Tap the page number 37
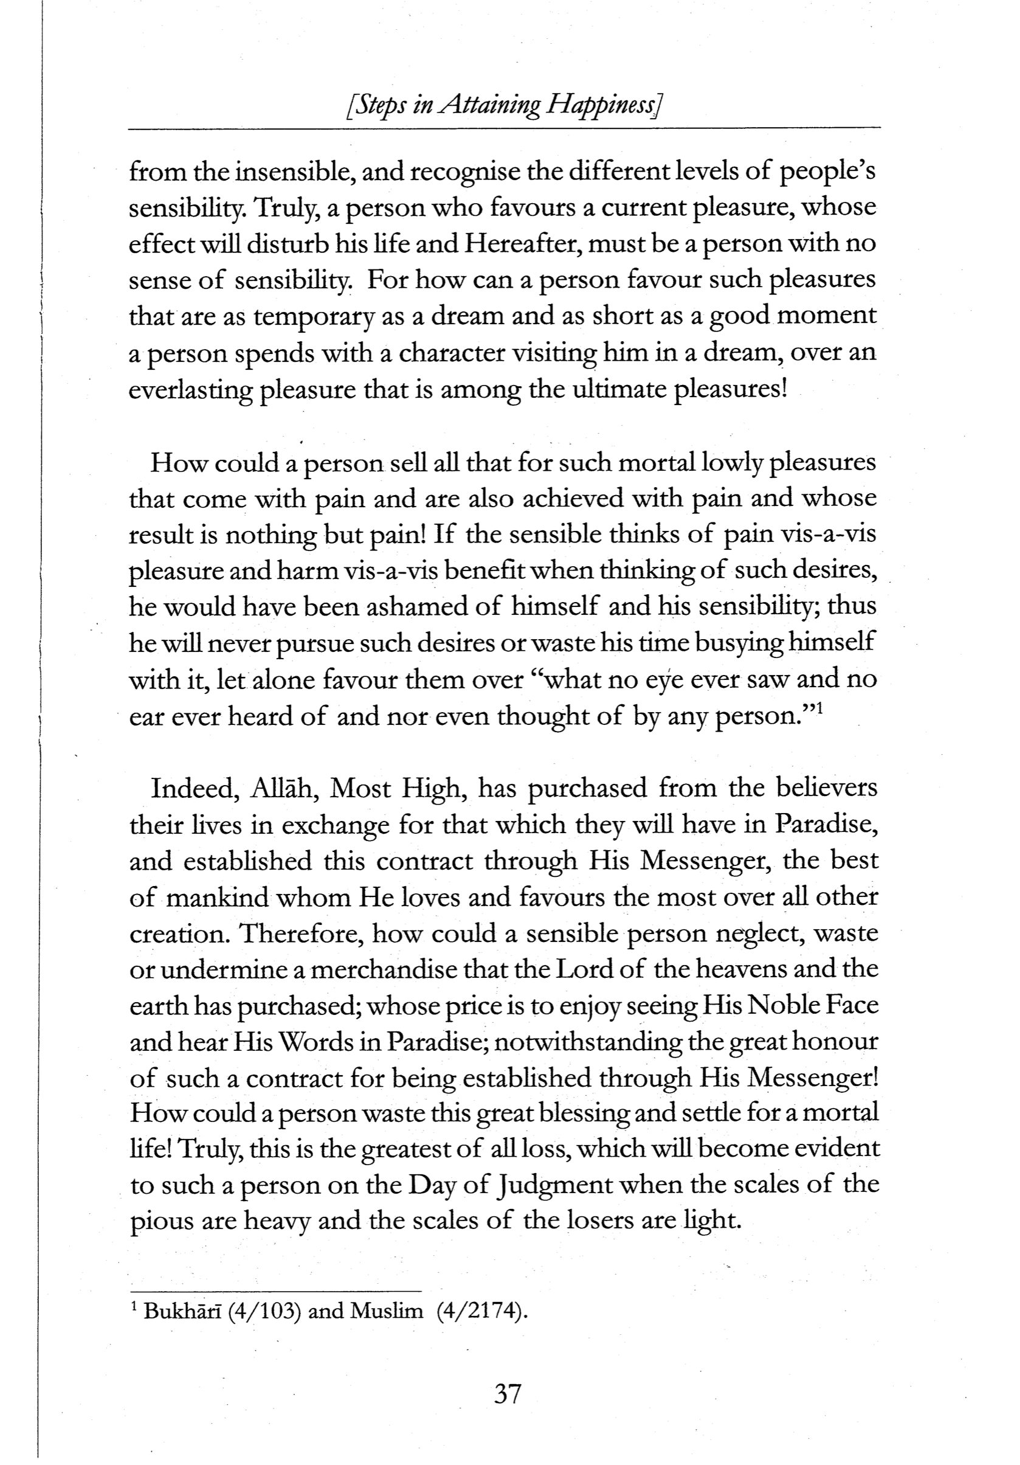coord(508,1393)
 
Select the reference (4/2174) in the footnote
coord(482,1312)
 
